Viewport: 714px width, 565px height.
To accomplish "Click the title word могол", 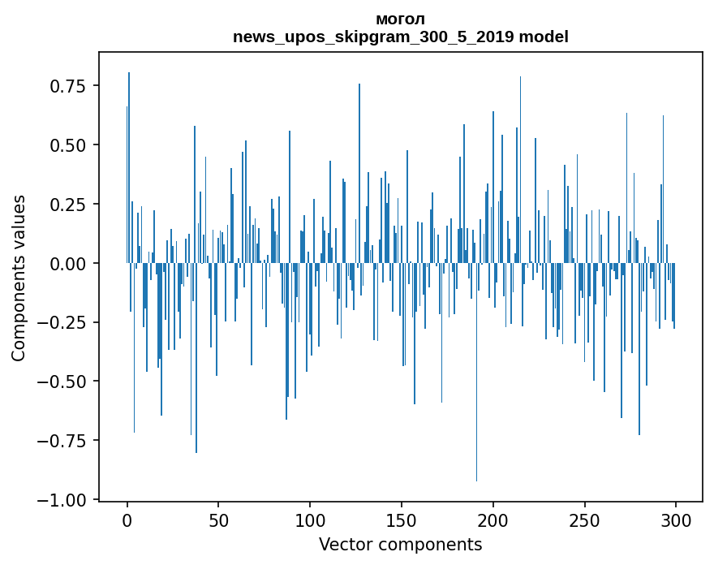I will pos(400,19).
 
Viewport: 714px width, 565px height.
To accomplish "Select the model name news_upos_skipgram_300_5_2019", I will pos(373,37).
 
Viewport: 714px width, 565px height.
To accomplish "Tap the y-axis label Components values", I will pos(19,278).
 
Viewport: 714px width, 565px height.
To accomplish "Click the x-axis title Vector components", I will pos(400,545).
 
